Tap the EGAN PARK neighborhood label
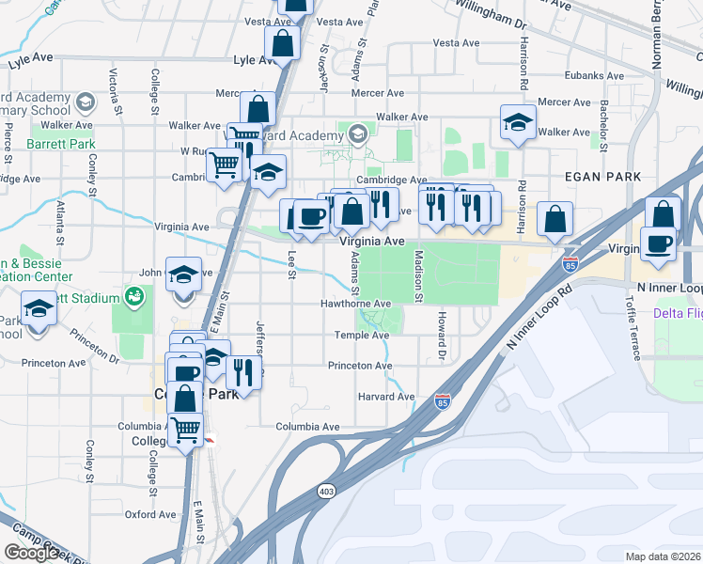pos(602,177)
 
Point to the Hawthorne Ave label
pos(355,304)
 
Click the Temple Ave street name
pos(361,336)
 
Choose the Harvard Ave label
pos(386,397)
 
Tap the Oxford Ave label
pos(150,514)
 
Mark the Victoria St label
pos(114,86)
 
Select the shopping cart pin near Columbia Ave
pos(186,430)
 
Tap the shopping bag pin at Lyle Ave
pos(283,42)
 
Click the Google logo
pos(32,553)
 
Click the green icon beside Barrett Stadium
pos(135,298)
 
